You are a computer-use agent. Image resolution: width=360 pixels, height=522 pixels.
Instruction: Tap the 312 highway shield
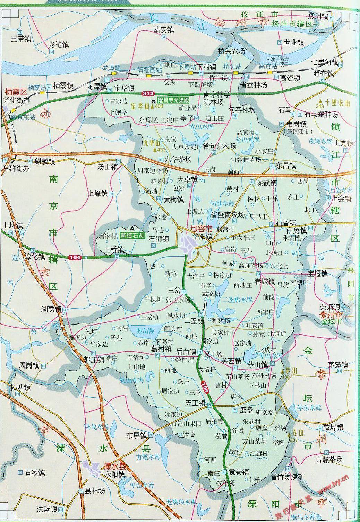pos(147,94)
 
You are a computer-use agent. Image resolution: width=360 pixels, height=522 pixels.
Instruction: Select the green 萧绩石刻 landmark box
pos(132,235)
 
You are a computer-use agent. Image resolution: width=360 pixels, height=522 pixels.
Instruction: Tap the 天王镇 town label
pos(195,404)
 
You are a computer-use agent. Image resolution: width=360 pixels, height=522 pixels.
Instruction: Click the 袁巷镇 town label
pos(238,472)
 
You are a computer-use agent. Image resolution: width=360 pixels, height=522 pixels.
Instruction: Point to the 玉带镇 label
pos(21,39)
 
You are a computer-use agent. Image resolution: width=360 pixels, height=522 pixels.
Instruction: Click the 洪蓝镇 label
pos(47,509)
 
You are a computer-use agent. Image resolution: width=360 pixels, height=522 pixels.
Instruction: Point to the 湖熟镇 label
pos(51,309)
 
